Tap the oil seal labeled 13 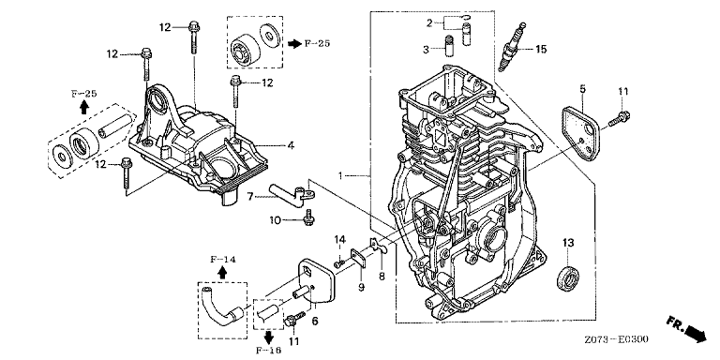[x=567, y=277]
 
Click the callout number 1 [x=340, y=175]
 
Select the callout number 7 [x=249, y=197]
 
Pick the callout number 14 [x=339, y=239]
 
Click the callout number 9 [x=361, y=287]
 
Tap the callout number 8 [x=382, y=277]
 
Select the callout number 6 [x=315, y=322]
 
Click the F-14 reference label [x=223, y=260]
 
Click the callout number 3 [x=426, y=49]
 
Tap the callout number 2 [x=429, y=22]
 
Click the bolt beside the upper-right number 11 [x=620, y=118]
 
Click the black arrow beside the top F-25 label [x=294, y=44]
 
